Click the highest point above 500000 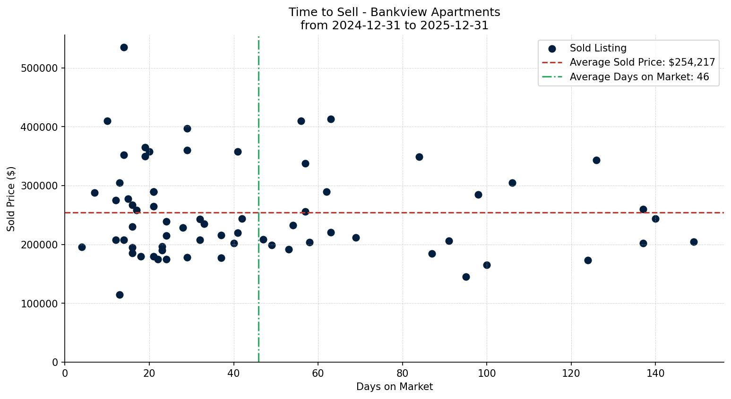click(x=124, y=47)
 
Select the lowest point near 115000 click(x=120, y=295)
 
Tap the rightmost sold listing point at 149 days click(x=694, y=242)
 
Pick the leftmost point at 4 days click(x=82, y=247)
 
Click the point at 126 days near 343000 click(x=596, y=160)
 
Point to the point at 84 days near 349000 click(x=419, y=157)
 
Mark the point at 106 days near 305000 click(x=512, y=183)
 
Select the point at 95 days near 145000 click(x=466, y=277)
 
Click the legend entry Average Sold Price click(x=642, y=62)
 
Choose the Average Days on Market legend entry click(x=639, y=77)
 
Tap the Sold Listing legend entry click(x=598, y=48)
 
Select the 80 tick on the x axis click(x=403, y=373)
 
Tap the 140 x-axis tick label click(x=655, y=373)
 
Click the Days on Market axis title click(x=394, y=387)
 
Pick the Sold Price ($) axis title click(x=11, y=198)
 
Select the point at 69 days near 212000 click(x=356, y=238)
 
